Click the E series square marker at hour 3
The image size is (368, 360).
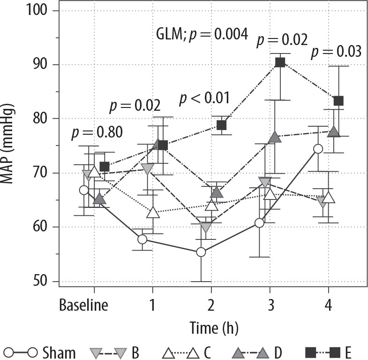point(280,62)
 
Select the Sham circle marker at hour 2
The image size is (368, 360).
point(201,252)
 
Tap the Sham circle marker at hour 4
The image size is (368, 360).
point(318,149)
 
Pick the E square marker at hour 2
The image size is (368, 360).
point(221,125)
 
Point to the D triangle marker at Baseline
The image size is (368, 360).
point(99,199)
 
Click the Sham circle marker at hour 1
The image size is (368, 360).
point(143,239)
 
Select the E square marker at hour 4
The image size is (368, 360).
point(338,101)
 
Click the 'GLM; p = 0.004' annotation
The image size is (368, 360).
point(202,34)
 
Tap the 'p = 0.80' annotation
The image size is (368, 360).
point(97,133)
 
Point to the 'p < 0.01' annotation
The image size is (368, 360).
point(205,99)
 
